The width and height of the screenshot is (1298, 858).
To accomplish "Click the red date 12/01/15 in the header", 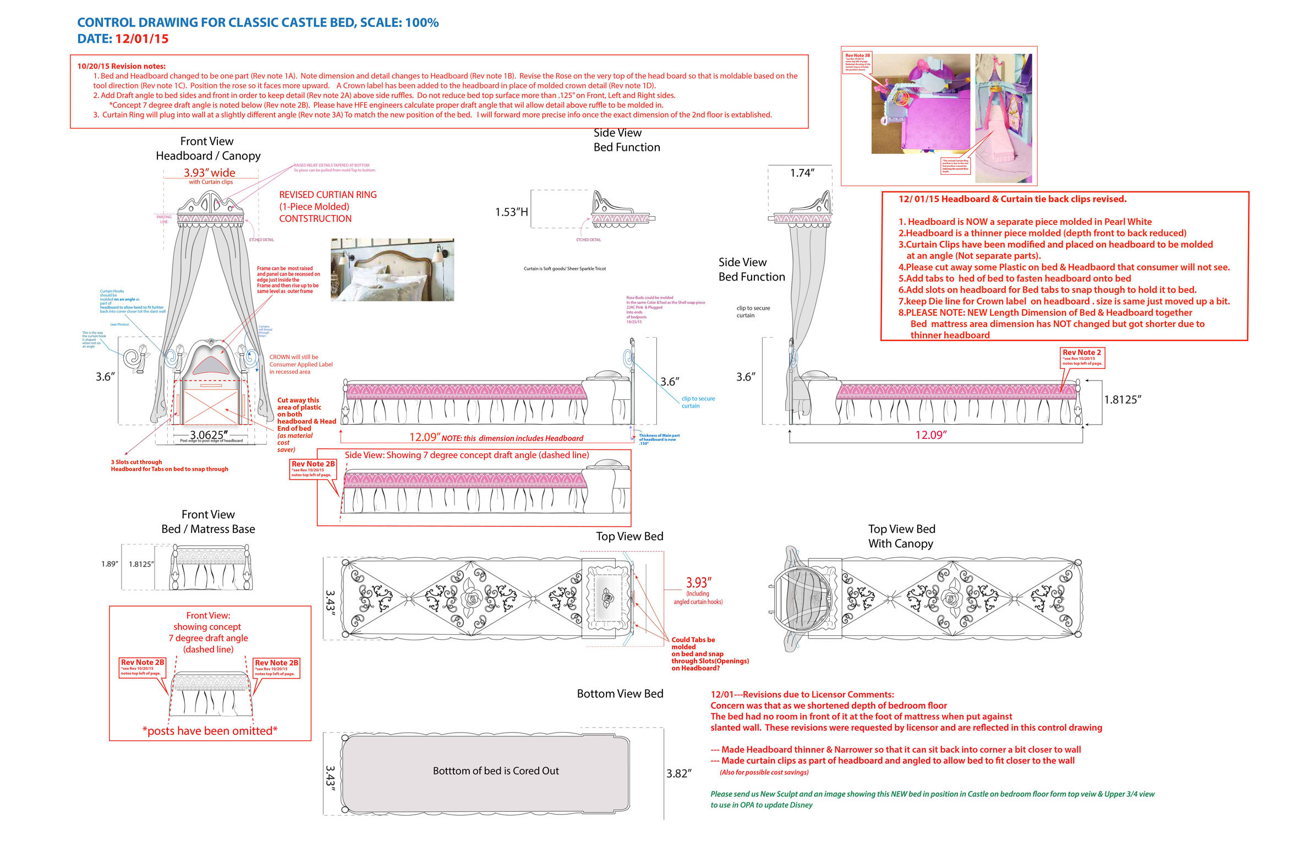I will pos(141,39).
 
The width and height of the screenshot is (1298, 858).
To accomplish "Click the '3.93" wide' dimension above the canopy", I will pos(209,173).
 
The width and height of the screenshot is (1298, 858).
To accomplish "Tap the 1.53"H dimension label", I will pos(511,212).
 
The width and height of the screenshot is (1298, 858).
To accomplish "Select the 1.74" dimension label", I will pos(802,173).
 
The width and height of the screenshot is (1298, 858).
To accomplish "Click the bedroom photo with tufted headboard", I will pos(392,269).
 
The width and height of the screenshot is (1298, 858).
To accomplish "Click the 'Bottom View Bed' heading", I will pos(620,694).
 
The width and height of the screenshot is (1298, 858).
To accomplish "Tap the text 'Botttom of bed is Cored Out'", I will pos(495,771).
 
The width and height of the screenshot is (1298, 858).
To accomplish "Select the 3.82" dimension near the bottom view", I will pos(678,774).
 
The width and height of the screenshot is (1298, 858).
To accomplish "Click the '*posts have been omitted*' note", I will pos(210,731).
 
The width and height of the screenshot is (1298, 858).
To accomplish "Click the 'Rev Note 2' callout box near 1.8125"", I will pos(1081,357).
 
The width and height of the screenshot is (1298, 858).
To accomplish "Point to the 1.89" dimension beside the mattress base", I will pos(109,564).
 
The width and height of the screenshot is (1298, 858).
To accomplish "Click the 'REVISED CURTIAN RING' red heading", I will pos(327,195).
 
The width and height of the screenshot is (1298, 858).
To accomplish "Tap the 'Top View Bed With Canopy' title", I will pos(901,536).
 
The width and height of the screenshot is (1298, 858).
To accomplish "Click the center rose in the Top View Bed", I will pos(472,598).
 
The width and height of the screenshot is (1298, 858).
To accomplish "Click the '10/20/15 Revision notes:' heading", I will pos(121,66).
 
